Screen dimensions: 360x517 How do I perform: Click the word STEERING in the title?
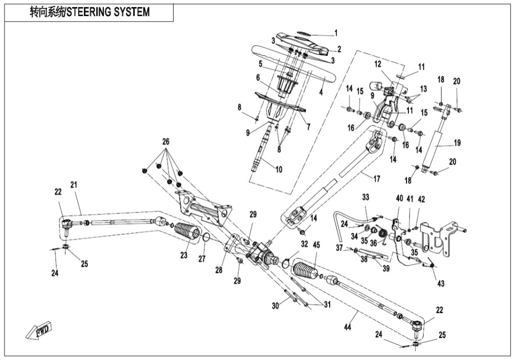tap(99, 12)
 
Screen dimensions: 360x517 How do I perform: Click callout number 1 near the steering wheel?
tap(335, 34)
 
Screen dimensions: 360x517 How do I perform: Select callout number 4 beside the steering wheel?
tap(321, 93)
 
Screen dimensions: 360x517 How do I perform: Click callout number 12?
tap(377, 64)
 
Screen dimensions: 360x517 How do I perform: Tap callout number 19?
tap(457, 143)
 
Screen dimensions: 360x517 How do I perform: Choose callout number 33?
tap(366, 196)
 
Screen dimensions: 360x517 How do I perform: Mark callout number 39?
tap(386, 269)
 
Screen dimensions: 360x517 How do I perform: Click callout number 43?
tap(441, 284)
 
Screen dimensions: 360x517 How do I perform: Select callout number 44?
tap(347, 328)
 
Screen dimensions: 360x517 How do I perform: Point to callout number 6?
tap(257, 78)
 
